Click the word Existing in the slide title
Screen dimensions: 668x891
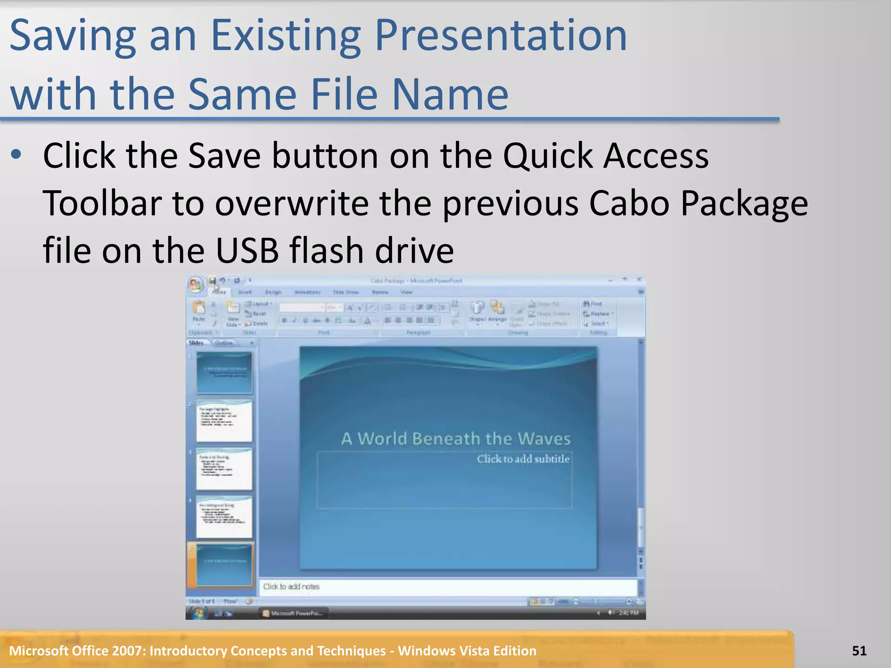(x=285, y=37)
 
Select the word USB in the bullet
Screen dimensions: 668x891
(x=247, y=251)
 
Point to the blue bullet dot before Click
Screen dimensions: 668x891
(x=17, y=154)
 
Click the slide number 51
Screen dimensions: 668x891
(x=859, y=651)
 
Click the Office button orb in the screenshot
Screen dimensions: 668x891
(x=196, y=285)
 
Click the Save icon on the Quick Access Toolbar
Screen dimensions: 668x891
(x=212, y=281)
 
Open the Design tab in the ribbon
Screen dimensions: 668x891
(x=273, y=292)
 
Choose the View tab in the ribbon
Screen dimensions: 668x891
(x=406, y=292)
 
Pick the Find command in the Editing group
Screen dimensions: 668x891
(x=593, y=304)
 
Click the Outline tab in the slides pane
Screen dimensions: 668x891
(x=224, y=343)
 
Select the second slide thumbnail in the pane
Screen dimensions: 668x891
(x=224, y=421)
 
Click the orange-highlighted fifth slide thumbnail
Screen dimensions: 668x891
(x=224, y=564)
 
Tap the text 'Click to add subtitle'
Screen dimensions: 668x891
(x=523, y=459)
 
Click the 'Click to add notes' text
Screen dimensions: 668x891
(x=291, y=587)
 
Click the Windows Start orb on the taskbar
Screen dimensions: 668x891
(x=198, y=613)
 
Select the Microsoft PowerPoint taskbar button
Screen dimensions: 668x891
(x=294, y=613)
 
